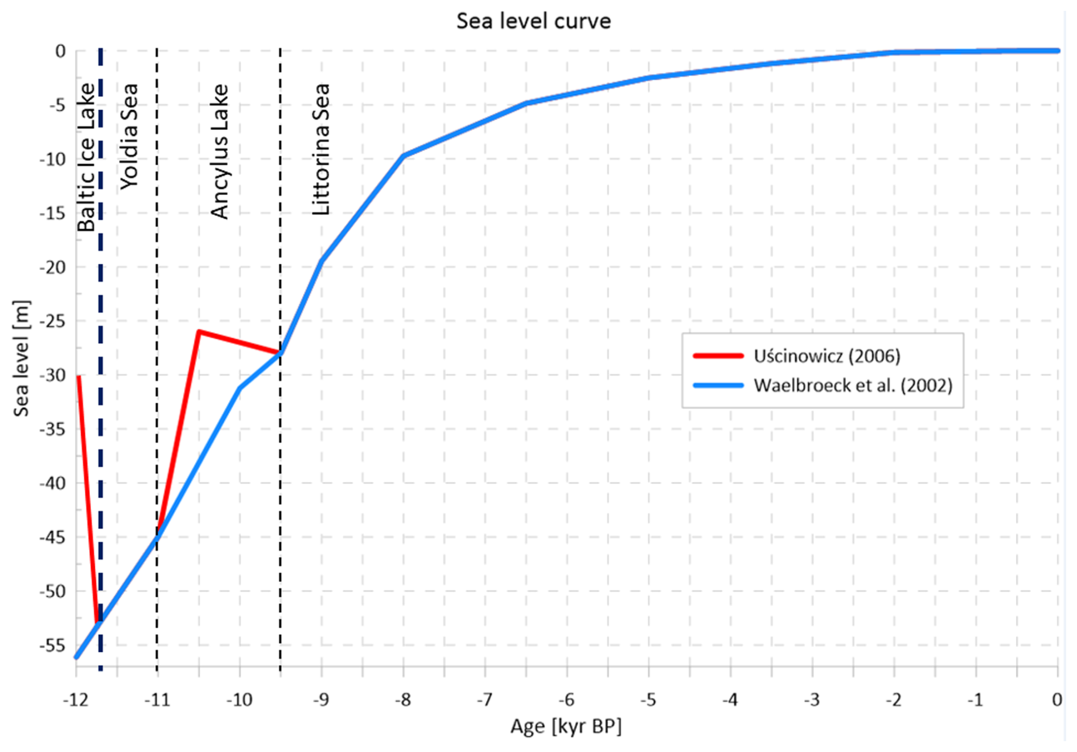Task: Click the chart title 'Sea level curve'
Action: coord(533,21)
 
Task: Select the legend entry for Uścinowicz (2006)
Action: coord(827,356)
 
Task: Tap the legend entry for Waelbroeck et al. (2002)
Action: coord(853,386)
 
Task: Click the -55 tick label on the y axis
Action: coord(52,645)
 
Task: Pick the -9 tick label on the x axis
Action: coord(321,700)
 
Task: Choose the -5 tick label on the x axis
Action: coord(648,700)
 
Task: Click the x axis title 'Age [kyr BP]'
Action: coord(566,726)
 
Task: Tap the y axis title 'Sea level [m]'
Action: coord(21,358)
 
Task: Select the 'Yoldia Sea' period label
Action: coord(129,136)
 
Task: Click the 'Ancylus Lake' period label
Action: coord(220,152)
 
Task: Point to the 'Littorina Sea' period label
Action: coord(321,149)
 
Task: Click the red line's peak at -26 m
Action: coord(199,332)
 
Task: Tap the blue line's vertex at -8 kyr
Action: coord(404,156)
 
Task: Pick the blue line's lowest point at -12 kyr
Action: coord(76,657)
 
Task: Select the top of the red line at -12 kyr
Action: coord(79,377)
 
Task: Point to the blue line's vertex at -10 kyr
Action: coord(240,388)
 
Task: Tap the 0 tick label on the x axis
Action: coord(1057,700)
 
